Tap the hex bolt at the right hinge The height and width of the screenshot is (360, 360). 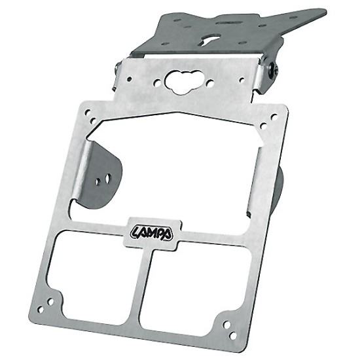tap(273, 71)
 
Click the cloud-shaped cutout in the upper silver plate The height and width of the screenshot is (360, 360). tap(182, 82)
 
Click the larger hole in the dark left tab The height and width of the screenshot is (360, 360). tap(107, 179)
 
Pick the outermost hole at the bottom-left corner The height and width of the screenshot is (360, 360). tap(41, 310)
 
